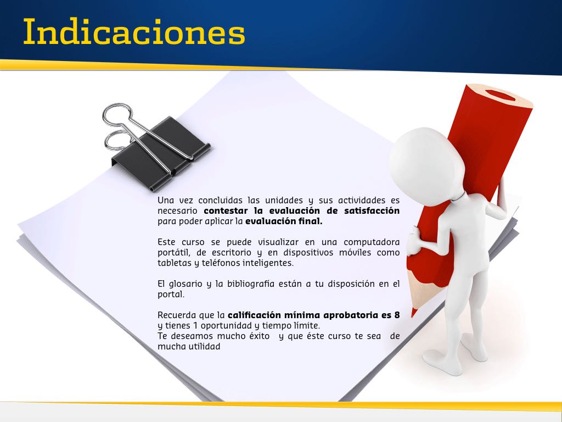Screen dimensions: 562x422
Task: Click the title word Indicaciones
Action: [x=134, y=31]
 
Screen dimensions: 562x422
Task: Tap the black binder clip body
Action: [x=161, y=154]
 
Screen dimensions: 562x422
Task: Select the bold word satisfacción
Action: [x=372, y=210]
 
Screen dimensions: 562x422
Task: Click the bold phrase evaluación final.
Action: [x=284, y=221]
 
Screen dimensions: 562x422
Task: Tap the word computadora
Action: [x=372, y=242]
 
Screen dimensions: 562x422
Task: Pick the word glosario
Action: [x=186, y=284]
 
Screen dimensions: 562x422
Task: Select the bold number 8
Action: [x=397, y=315]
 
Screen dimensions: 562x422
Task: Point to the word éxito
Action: [x=260, y=336]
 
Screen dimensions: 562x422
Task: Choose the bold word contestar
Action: [x=226, y=210]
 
